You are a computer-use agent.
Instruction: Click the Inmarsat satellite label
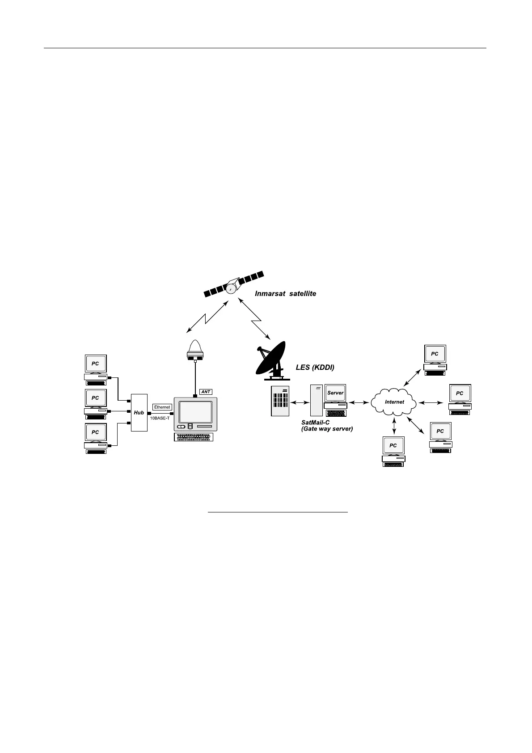[285, 294]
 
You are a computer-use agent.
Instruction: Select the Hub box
[139, 412]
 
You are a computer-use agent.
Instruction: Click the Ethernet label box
[162, 407]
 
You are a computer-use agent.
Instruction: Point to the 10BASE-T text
[160, 418]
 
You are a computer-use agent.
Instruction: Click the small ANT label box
[206, 392]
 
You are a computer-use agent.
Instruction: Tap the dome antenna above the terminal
[195, 350]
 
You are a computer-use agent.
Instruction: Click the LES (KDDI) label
[315, 368]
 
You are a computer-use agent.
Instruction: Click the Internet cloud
[394, 402]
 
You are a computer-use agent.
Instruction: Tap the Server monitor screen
[335, 393]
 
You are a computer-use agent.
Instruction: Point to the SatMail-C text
[315, 423]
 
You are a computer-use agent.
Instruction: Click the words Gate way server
[327, 429]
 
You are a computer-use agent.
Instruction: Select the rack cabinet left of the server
[280, 401]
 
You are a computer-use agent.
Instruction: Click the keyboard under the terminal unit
[195, 437]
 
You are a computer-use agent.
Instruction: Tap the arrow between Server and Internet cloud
[358, 402]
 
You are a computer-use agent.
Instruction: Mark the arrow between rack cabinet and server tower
[300, 402]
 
